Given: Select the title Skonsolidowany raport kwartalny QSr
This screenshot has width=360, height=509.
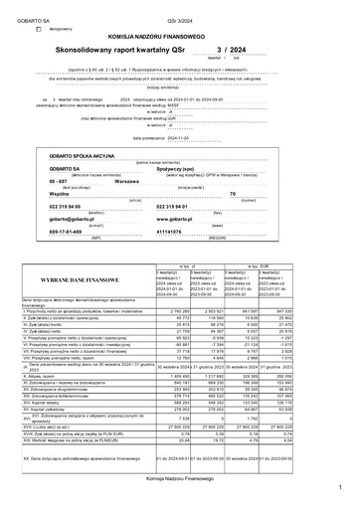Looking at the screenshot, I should click(141, 47).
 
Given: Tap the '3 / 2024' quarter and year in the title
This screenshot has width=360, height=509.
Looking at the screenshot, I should click(230, 47).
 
